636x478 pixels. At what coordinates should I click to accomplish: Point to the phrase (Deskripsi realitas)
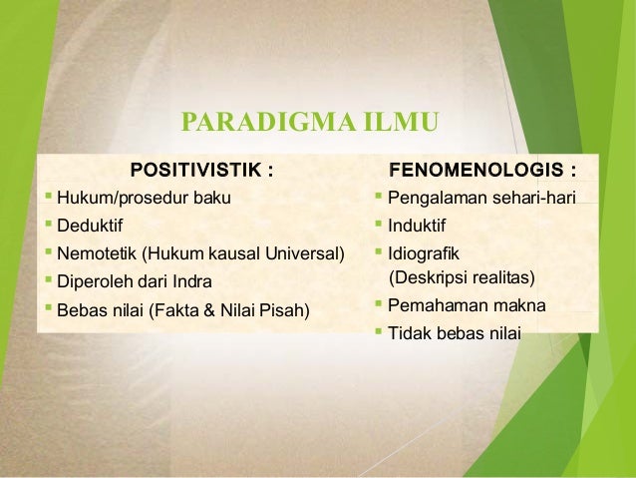(x=462, y=276)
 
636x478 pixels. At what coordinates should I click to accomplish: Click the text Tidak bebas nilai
(x=455, y=332)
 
